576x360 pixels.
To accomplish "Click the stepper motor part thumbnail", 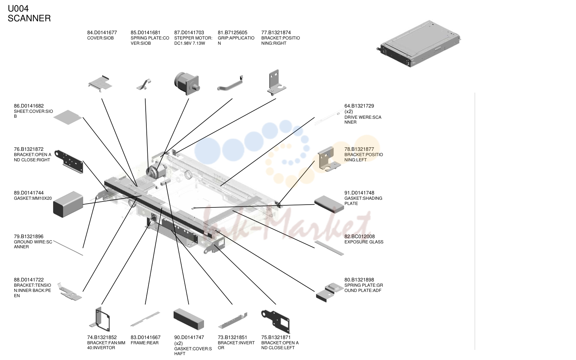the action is point(187,83).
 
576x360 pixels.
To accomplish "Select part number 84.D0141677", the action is point(102,32).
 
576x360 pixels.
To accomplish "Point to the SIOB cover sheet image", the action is point(68,117).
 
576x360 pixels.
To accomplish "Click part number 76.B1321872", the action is point(29,149).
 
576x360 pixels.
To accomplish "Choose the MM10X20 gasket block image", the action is point(68,204).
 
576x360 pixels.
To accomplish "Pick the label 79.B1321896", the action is point(29,236).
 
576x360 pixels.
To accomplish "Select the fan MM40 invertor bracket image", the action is point(100,319).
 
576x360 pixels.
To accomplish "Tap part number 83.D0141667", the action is point(146,337).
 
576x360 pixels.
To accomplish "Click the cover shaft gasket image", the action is point(189,319).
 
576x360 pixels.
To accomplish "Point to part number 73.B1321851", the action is point(232,337).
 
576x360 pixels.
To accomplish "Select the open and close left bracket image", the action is point(276,321).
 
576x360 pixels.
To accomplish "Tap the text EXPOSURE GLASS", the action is point(364,242).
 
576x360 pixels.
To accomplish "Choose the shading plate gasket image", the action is point(329,204).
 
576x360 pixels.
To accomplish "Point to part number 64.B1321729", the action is point(359,106).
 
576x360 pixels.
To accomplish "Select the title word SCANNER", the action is point(29,18).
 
